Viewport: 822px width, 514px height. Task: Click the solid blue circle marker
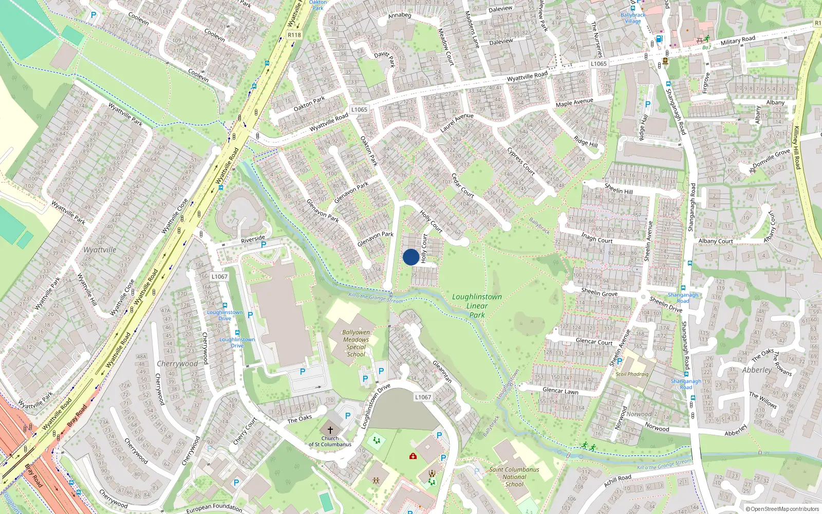click(x=410, y=257)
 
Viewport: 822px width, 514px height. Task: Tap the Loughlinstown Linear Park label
click(x=477, y=306)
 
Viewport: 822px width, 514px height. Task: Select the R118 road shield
click(x=294, y=35)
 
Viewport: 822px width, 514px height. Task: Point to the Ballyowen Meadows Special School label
click(x=356, y=343)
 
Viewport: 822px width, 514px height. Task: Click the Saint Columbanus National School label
click(x=514, y=476)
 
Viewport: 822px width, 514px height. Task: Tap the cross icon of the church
click(x=330, y=430)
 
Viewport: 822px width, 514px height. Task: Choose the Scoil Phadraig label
click(x=632, y=374)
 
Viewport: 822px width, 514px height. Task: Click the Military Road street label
click(x=738, y=41)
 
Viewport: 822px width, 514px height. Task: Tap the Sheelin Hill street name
click(x=619, y=189)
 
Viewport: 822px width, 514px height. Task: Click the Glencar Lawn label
click(x=561, y=391)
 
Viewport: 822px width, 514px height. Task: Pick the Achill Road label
click(x=618, y=481)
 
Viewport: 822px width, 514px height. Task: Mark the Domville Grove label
click(x=772, y=158)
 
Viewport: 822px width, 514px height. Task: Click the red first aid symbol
click(x=413, y=456)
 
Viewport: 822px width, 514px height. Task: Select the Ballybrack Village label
click(x=633, y=18)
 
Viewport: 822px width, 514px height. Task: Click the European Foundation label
click(x=214, y=508)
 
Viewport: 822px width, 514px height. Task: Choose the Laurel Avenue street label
click(x=457, y=122)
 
